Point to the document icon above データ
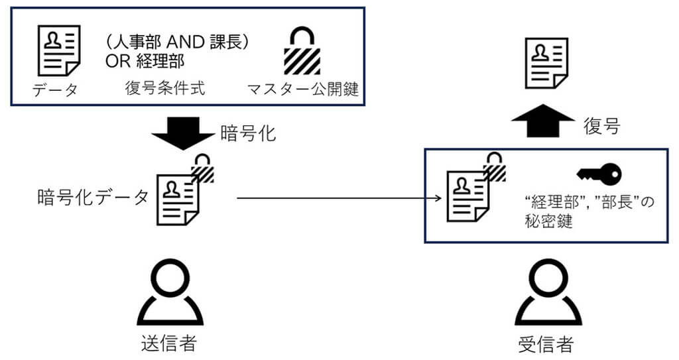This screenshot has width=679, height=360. coord(58,50)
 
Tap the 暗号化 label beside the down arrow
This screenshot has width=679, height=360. coord(247,133)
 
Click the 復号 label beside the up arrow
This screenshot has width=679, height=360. coord(601,125)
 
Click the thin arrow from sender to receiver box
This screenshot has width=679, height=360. coord(338,198)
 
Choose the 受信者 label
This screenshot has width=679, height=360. coord(544,343)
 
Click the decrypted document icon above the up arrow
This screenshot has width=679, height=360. coord(547,64)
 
